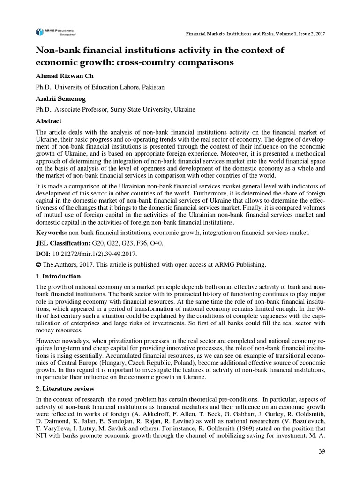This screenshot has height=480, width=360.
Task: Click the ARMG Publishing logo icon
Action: [39, 31]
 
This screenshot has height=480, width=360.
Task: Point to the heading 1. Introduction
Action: [59, 276]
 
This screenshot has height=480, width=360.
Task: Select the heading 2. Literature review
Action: [65, 389]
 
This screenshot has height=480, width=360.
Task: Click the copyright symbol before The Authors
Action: [39, 265]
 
